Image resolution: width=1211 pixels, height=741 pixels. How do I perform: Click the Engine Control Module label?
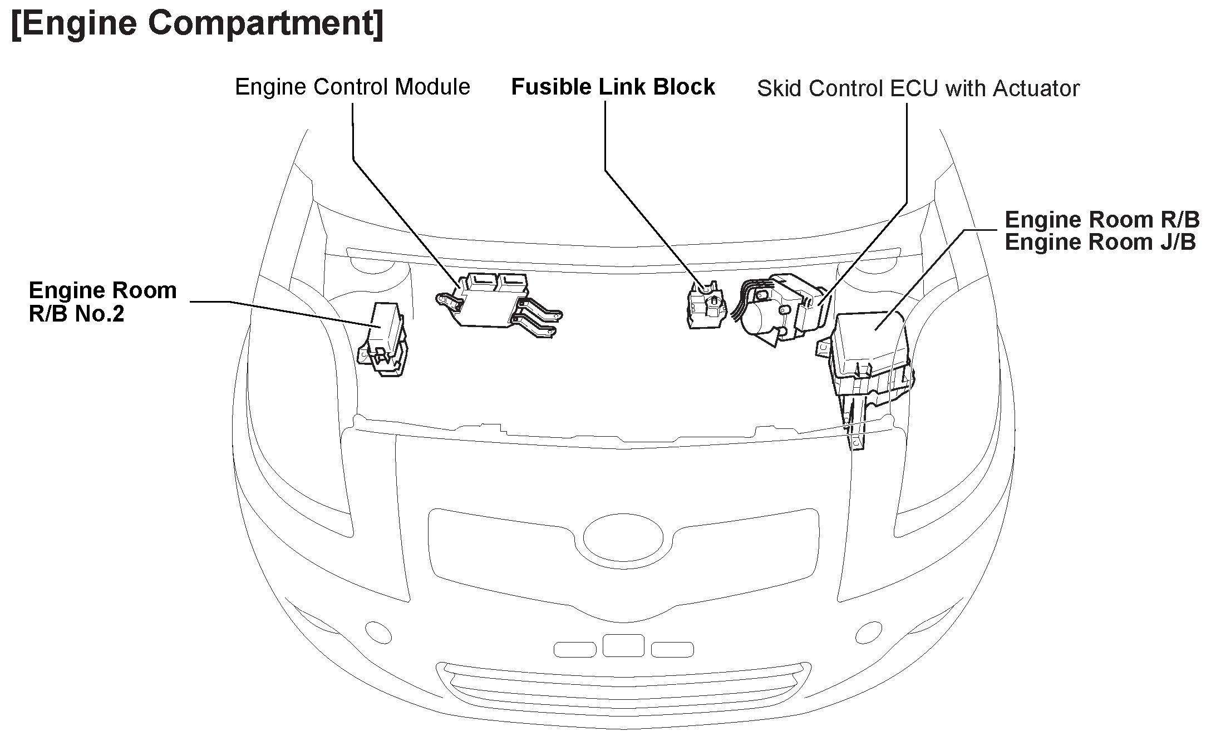point(352,87)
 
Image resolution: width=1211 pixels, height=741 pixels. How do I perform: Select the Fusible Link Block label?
point(613,87)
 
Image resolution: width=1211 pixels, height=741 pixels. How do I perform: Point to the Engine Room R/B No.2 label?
point(102,302)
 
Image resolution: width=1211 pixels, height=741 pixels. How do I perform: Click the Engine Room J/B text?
point(1100,243)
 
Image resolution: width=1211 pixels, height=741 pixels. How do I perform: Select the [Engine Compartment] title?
point(197,23)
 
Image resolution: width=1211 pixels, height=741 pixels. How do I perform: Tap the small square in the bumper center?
point(623,645)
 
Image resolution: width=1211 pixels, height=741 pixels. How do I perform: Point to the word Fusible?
point(552,87)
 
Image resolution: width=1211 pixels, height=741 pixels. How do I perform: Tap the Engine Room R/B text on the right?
point(1102,220)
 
